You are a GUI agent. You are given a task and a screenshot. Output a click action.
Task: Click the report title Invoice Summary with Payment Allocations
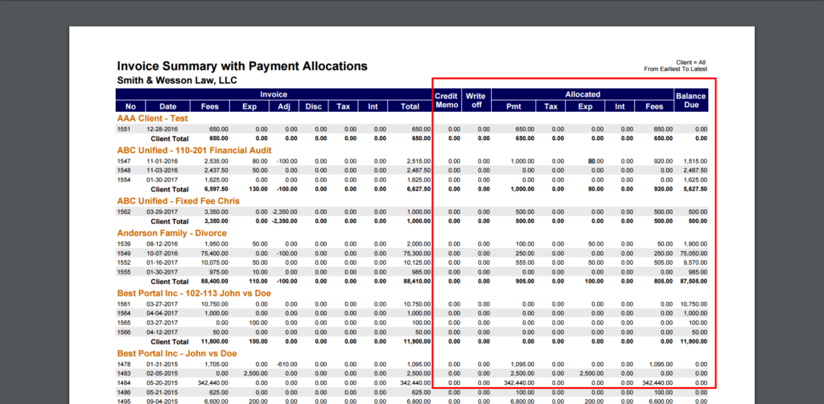(242, 66)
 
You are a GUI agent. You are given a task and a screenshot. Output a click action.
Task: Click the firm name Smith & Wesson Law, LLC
(177, 80)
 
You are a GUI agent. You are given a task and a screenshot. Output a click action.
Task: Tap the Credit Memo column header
(446, 101)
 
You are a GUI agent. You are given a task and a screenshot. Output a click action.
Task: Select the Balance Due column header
(690, 101)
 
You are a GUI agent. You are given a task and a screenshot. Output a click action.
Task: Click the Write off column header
(476, 101)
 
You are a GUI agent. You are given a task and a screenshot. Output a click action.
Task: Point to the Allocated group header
(583, 95)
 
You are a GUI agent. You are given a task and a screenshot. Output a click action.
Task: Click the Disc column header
(312, 106)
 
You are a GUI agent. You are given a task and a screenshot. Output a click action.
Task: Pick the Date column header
(167, 106)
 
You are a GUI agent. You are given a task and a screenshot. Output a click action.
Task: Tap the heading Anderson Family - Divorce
(172, 233)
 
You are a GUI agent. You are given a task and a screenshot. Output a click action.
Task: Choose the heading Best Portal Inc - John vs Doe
(177, 353)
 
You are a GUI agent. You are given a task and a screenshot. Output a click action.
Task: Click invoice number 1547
(124, 161)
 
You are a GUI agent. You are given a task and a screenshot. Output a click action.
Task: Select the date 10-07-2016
(161, 253)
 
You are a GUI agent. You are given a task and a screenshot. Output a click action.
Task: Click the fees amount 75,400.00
(212, 253)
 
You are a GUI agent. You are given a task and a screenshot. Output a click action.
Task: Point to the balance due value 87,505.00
(691, 282)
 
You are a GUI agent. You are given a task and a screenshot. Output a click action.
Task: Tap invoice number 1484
(124, 383)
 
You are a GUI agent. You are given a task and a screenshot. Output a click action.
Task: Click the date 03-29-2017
(161, 212)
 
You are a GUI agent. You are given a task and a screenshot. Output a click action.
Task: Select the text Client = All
(691, 62)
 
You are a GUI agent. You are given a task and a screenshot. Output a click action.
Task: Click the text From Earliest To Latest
(676, 69)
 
